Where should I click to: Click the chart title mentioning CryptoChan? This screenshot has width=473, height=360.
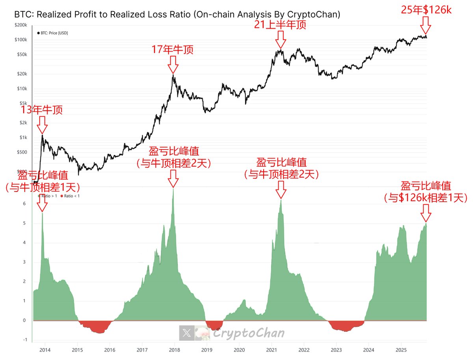(x=177, y=15)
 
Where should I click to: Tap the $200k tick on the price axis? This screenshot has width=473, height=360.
(x=20, y=25)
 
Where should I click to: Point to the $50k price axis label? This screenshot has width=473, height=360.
(x=22, y=54)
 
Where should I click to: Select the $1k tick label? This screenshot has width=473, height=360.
(x=24, y=137)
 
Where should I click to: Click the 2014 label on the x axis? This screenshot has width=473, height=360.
(x=45, y=349)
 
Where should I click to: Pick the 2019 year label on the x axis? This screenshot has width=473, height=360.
(x=207, y=349)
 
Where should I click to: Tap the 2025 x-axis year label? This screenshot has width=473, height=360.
(x=401, y=349)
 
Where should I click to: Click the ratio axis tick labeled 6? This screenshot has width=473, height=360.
(x=24, y=204)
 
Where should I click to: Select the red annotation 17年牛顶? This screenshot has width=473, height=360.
(x=173, y=50)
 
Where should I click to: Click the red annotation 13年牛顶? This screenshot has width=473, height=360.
(x=42, y=110)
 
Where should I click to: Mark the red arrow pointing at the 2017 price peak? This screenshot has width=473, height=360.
(x=173, y=64)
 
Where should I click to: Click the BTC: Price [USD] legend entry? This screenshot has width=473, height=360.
(x=52, y=33)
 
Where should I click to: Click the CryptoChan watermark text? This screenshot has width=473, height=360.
(x=248, y=334)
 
